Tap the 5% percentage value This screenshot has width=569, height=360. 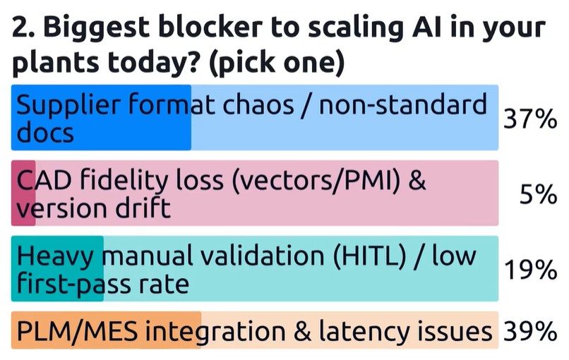538,193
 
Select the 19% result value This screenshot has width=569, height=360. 529,269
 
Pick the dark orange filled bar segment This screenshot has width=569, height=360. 106,330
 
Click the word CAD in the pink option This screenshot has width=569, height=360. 42,182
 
